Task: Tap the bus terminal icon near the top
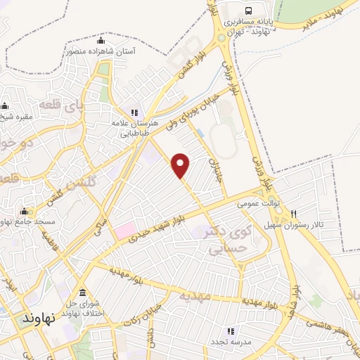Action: [x=249, y=10]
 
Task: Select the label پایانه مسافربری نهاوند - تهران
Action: [x=248, y=27]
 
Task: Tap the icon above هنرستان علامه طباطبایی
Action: [x=134, y=112]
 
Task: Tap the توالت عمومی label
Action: [x=258, y=203]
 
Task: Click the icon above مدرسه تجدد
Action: [x=229, y=330]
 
